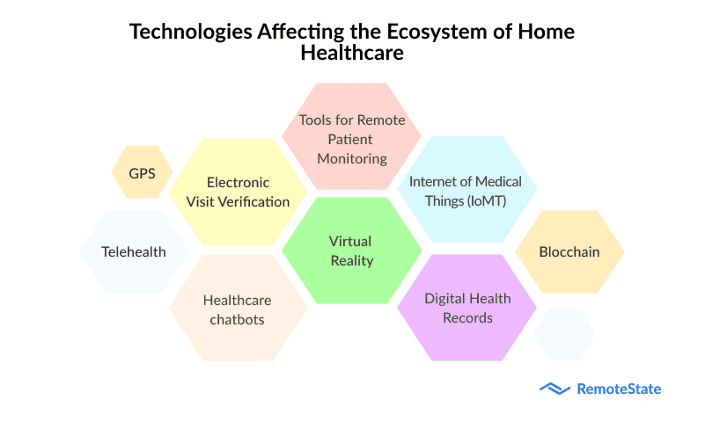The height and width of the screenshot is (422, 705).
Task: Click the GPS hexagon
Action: pyautogui.click(x=142, y=172)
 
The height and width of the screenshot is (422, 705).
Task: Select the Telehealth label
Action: pyautogui.click(x=134, y=251)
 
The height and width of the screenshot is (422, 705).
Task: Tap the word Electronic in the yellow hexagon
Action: pyautogui.click(x=238, y=182)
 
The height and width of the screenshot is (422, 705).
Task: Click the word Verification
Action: pyautogui.click(x=258, y=202)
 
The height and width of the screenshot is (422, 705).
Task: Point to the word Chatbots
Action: pyautogui.click(x=237, y=320)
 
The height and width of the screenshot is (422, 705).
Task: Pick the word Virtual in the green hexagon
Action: pyautogui.click(x=350, y=241)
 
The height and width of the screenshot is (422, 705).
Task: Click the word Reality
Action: pyautogui.click(x=352, y=261)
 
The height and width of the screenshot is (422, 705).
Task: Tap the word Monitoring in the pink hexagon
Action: pyautogui.click(x=352, y=159)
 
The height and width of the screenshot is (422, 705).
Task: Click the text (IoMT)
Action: pyautogui.click(x=487, y=200)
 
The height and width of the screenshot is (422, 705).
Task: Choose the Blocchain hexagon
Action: pyautogui.click(x=569, y=251)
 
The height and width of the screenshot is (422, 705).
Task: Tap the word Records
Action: pyautogui.click(x=467, y=318)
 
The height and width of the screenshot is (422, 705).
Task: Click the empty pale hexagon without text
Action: pyautogui.click(x=565, y=334)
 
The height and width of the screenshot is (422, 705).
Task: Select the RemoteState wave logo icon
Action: pyautogui.click(x=554, y=389)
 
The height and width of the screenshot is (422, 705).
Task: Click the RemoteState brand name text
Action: pyautogui.click(x=619, y=389)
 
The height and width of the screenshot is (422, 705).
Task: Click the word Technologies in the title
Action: pyautogui.click(x=191, y=32)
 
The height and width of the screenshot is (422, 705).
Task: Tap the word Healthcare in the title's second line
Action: pyautogui.click(x=352, y=53)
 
